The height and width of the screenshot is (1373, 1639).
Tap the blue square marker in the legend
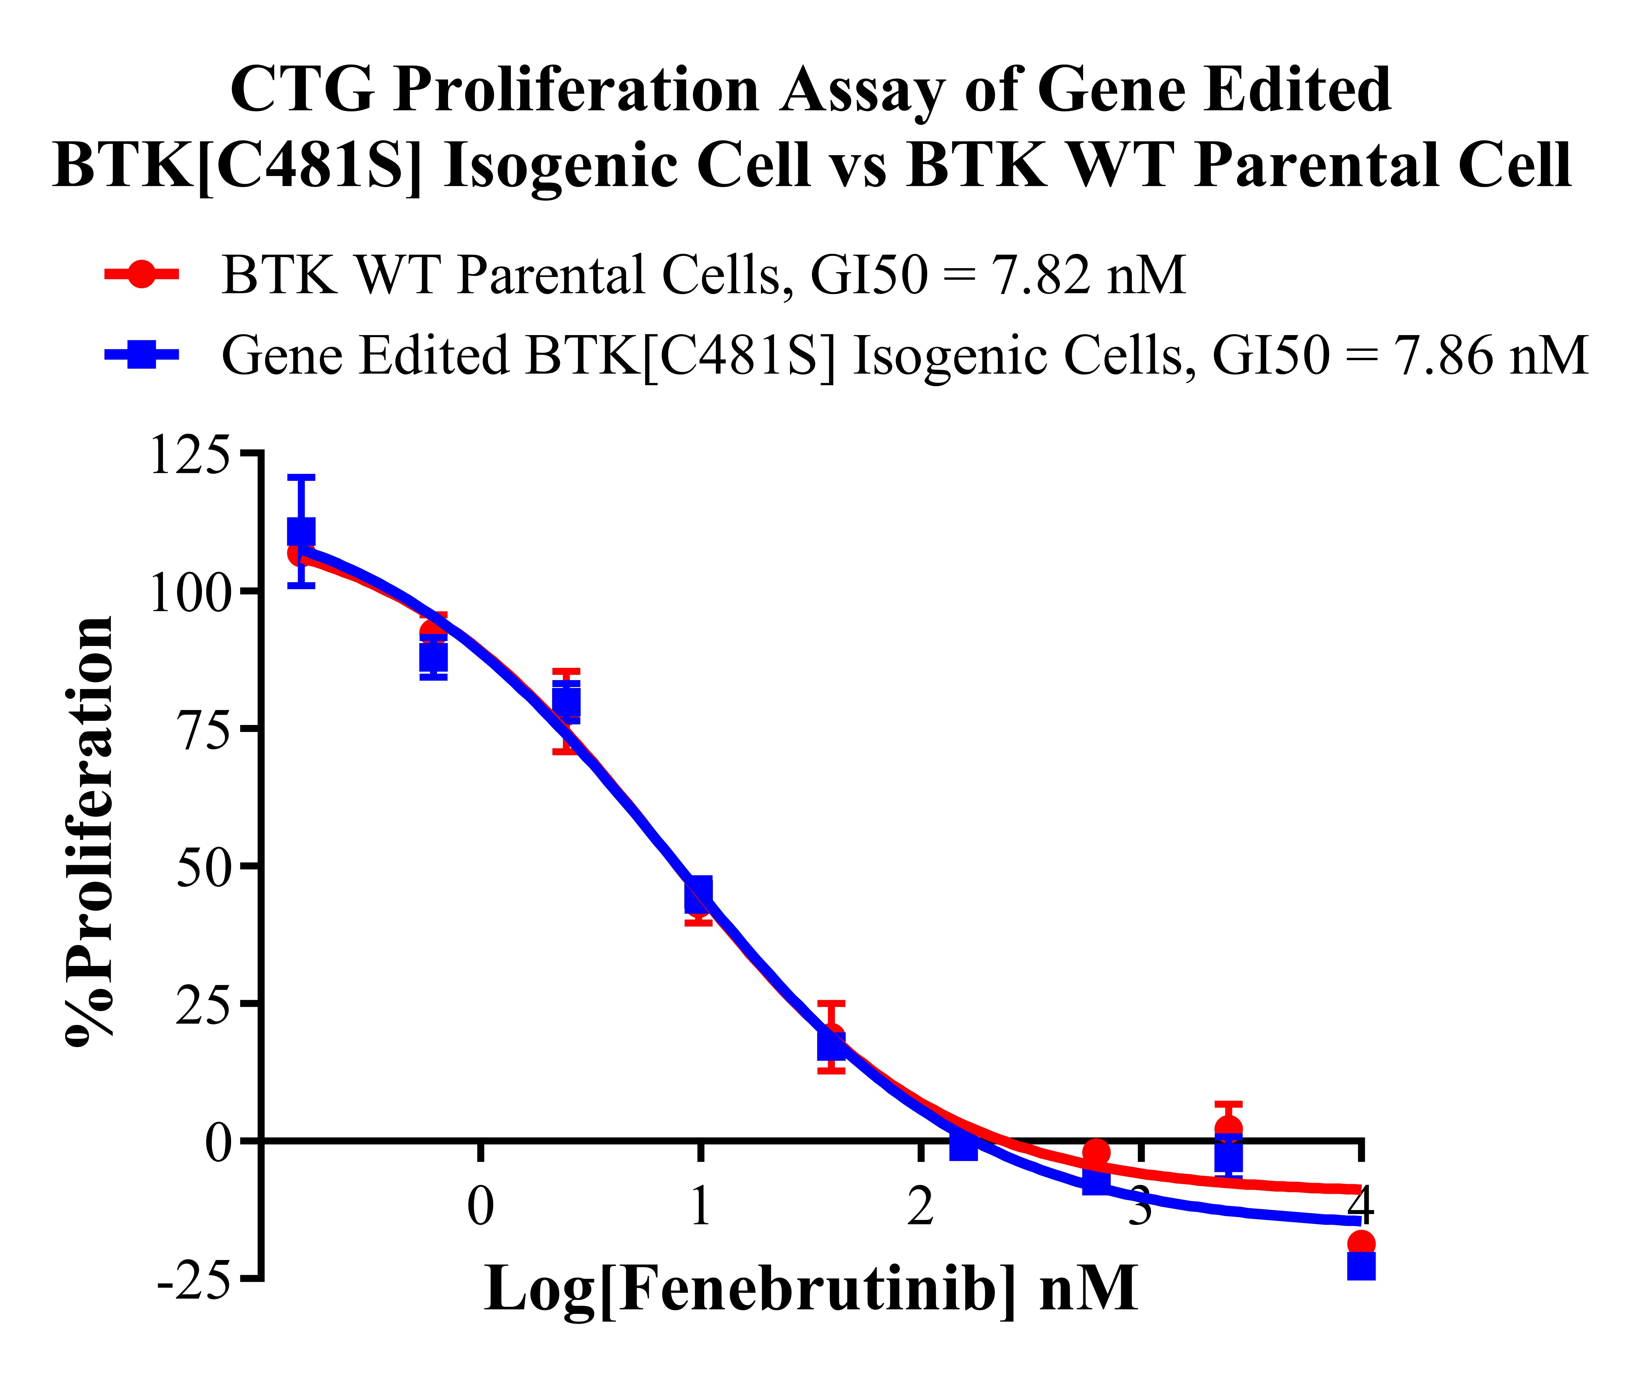coord(141,355)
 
